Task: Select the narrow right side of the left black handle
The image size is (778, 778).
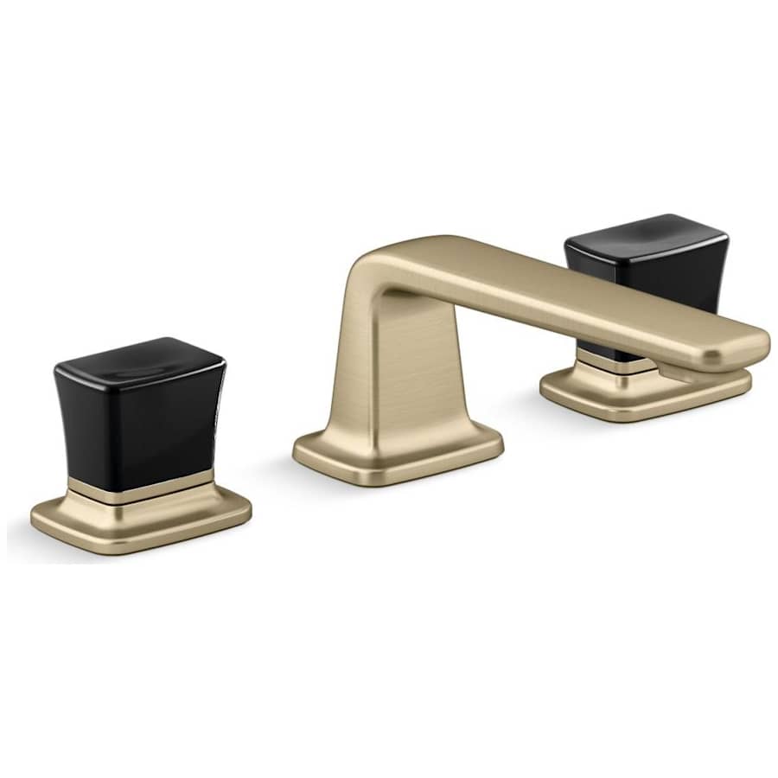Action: [214, 415]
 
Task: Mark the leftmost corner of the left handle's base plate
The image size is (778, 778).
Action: [33, 519]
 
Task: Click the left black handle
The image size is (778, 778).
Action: [138, 415]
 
